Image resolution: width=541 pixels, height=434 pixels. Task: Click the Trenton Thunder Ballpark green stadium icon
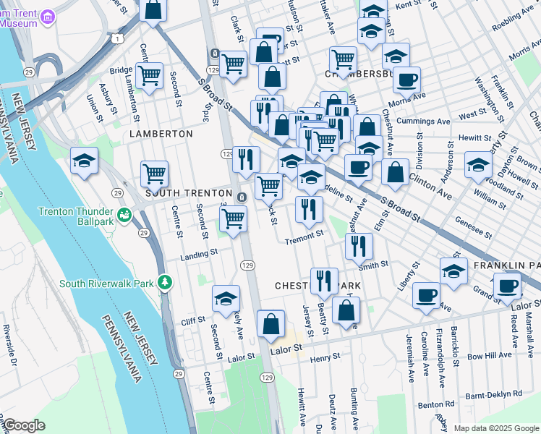click(124, 214)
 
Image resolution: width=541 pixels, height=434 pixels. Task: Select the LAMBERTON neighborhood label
click(161, 134)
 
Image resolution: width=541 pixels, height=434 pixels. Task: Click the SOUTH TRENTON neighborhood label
click(188, 194)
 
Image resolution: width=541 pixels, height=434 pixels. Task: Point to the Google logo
click(24, 425)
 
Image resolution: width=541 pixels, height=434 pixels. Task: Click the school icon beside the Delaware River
click(84, 161)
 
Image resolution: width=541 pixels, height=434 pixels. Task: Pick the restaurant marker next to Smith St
click(359, 247)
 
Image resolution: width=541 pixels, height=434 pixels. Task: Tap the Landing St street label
click(199, 254)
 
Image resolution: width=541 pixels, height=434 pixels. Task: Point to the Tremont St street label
click(304, 237)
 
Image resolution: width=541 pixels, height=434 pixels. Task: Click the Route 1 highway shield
click(116, 38)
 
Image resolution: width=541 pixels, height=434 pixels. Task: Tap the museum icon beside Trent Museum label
click(48, 16)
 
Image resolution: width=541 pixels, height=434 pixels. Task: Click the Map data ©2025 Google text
click(495, 428)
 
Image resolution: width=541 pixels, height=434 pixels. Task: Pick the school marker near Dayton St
click(478, 164)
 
